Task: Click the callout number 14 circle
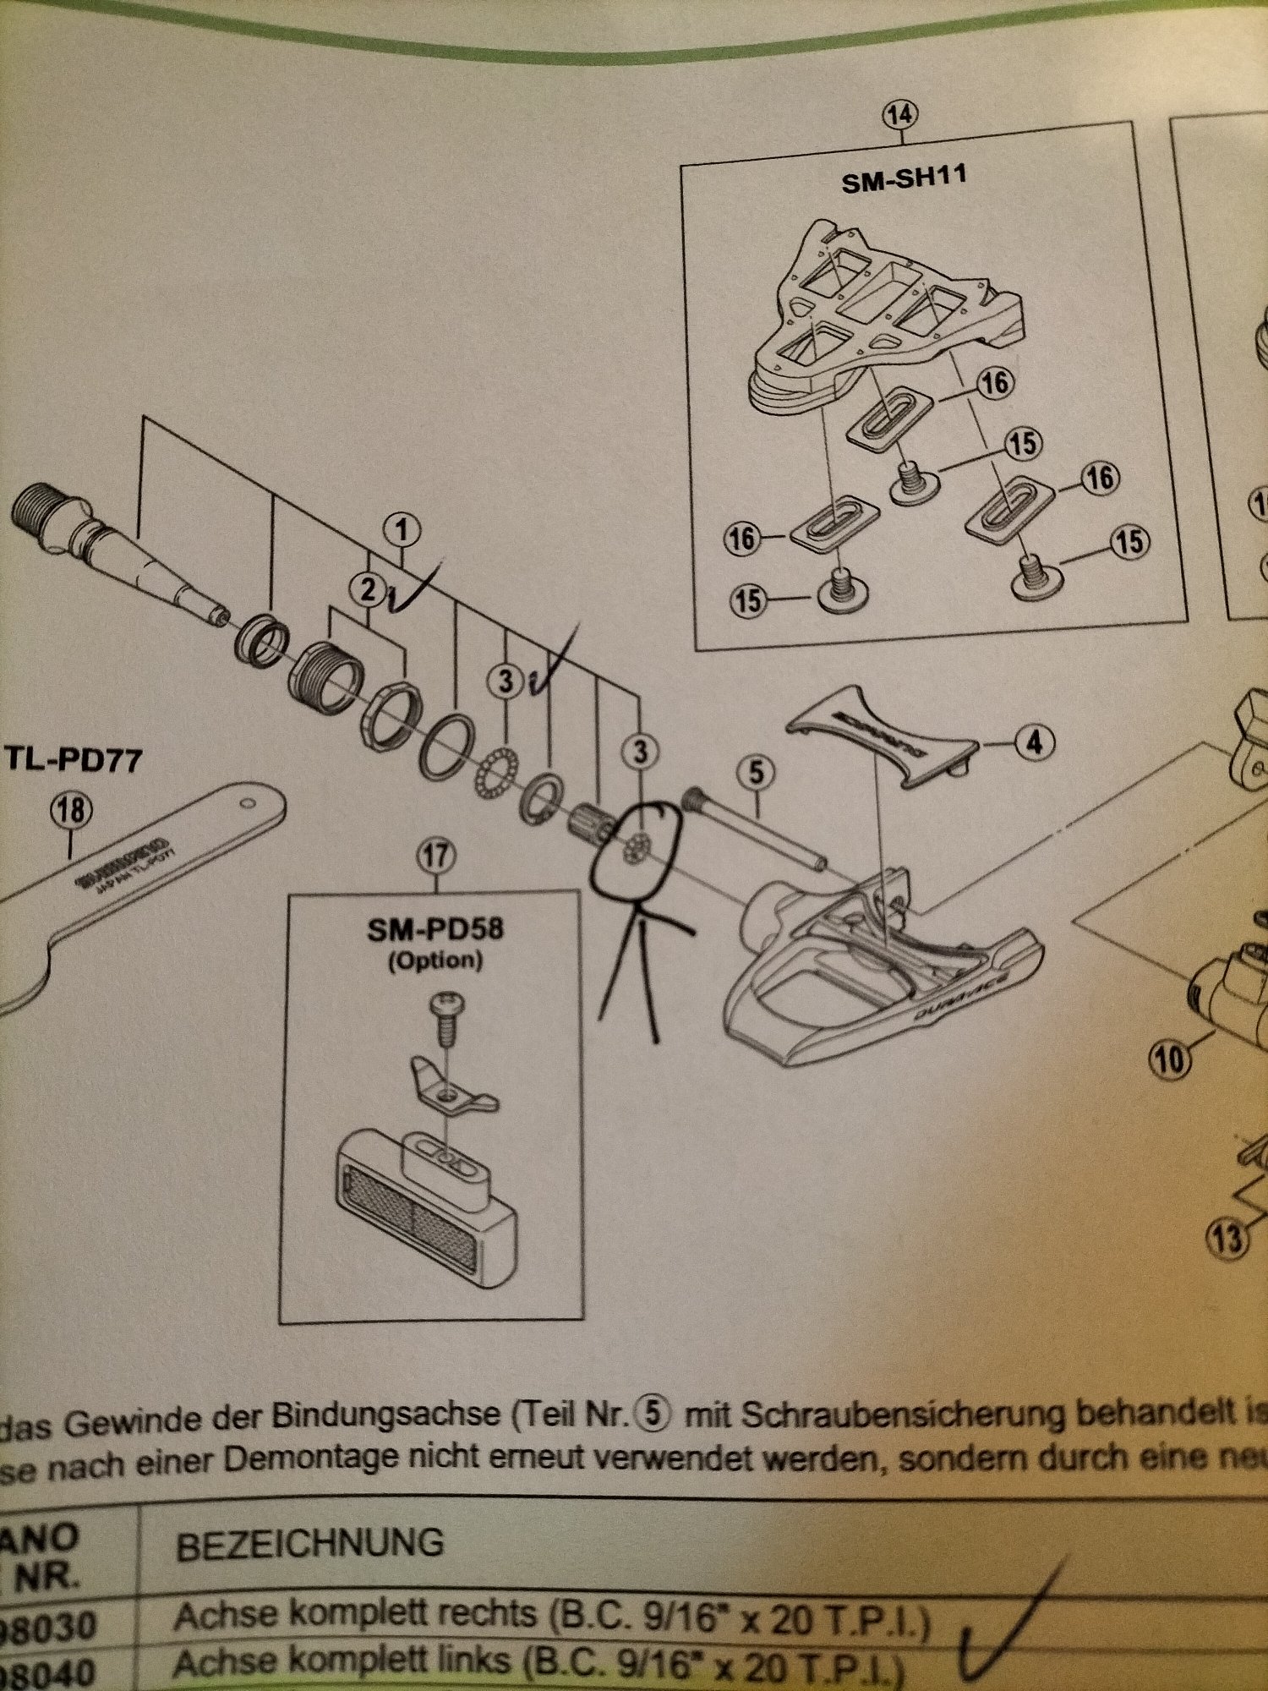pos(899,114)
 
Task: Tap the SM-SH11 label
pos(904,179)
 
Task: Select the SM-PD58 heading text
pos(435,930)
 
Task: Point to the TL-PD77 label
pos(74,758)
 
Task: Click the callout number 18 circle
pos(71,811)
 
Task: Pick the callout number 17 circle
pos(436,857)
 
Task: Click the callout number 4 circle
pos(1035,743)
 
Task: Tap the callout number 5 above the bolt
pos(755,772)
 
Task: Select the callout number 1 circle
pos(402,530)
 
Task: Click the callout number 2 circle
pos(369,589)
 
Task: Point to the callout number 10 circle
pos(1169,1059)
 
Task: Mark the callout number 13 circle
pos(1227,1240)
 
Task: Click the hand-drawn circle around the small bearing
pos(636,849)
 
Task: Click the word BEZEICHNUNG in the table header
pos(309,1545)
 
